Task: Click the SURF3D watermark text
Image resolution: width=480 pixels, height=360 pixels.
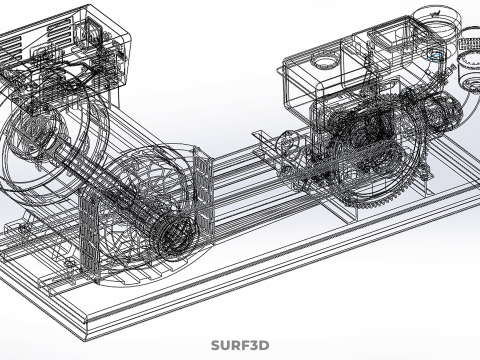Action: coord(240,345)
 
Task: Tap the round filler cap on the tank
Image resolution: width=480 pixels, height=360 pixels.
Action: coord(324,62)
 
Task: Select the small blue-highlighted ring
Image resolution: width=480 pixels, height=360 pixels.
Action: coord(436,56)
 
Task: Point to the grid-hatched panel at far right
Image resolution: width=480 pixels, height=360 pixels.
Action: coord(469,44)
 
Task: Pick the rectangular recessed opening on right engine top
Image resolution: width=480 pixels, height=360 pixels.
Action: coord(389,38)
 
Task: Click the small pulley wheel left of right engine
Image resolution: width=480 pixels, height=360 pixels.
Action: coord(288,143)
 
